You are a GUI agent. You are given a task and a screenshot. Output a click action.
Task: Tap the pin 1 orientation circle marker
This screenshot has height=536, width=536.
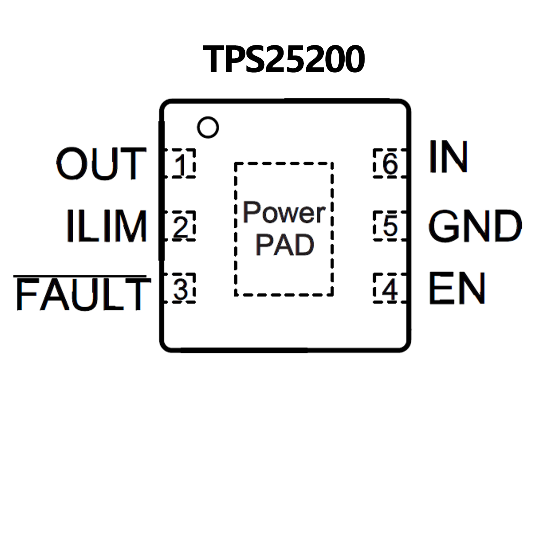point(208,127)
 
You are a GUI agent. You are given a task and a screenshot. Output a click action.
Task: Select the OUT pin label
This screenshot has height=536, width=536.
point(101,163)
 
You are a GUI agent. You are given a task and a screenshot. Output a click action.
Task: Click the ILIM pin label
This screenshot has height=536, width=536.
point(107,226)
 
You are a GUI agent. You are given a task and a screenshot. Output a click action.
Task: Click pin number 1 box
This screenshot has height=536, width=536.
point(180,163)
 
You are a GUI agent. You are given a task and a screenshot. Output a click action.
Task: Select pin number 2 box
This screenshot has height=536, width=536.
point(180,226)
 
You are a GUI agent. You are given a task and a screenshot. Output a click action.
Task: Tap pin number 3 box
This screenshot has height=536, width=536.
point(180,288)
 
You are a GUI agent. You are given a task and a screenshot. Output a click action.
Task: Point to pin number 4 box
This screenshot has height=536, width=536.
point(390,288)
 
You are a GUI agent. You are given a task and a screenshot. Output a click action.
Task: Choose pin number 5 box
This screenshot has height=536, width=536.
point(390,226)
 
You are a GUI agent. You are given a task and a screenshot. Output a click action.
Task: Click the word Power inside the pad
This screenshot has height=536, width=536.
point(284,212)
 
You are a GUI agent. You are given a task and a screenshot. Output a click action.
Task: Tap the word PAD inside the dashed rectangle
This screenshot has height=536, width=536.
point(285,244)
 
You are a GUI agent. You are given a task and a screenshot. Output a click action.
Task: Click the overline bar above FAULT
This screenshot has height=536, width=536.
point(80,276)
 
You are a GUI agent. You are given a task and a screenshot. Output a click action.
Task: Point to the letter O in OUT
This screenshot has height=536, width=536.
point(72,163)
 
